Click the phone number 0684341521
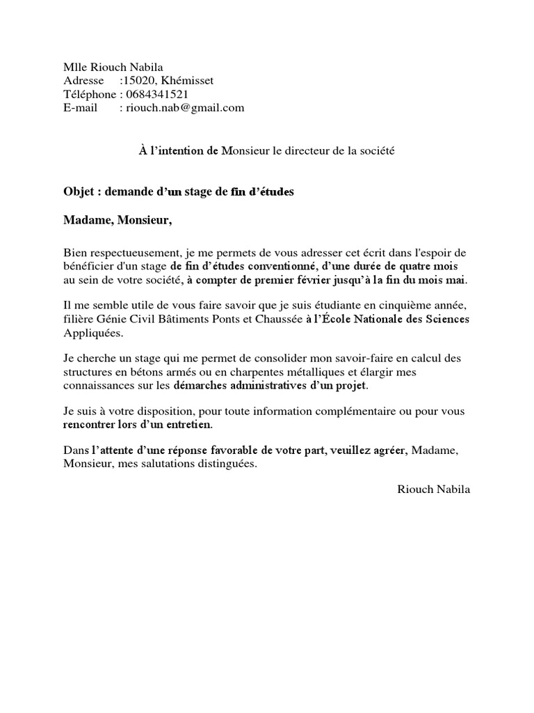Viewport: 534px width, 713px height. [x=156, y=94]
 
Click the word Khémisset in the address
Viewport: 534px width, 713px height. [x=188, y=81]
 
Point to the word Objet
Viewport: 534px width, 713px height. [x=79, y=191]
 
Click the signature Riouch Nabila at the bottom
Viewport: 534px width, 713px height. [x=433, y=489]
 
